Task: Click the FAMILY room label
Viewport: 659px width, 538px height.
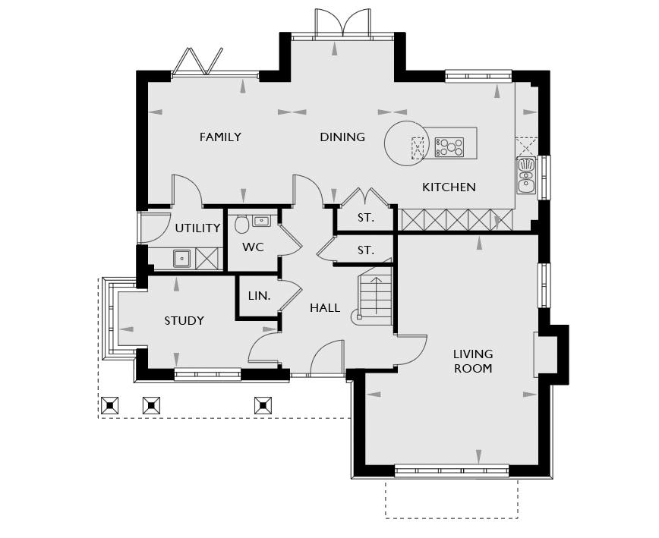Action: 220,137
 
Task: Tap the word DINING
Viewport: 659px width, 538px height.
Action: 342,137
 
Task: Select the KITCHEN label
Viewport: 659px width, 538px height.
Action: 449,187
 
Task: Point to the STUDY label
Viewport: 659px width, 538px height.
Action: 184,321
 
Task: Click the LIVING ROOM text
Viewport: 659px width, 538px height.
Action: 473,361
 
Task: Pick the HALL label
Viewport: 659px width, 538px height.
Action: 325,308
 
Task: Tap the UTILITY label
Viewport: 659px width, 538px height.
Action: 197,228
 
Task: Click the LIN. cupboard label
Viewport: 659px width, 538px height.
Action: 259,296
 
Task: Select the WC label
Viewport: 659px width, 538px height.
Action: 253,247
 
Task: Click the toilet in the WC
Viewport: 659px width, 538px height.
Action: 241,224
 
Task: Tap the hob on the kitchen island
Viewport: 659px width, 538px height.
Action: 449,147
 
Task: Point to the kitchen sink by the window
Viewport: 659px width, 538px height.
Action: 526,175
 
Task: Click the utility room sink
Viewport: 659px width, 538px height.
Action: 182,259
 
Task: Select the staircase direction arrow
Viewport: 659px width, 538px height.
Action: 376,296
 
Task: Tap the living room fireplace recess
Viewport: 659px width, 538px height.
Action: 546,355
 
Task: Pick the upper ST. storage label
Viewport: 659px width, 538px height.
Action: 366,218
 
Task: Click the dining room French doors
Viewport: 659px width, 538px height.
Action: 343,23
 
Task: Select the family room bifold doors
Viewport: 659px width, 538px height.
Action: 197,62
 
